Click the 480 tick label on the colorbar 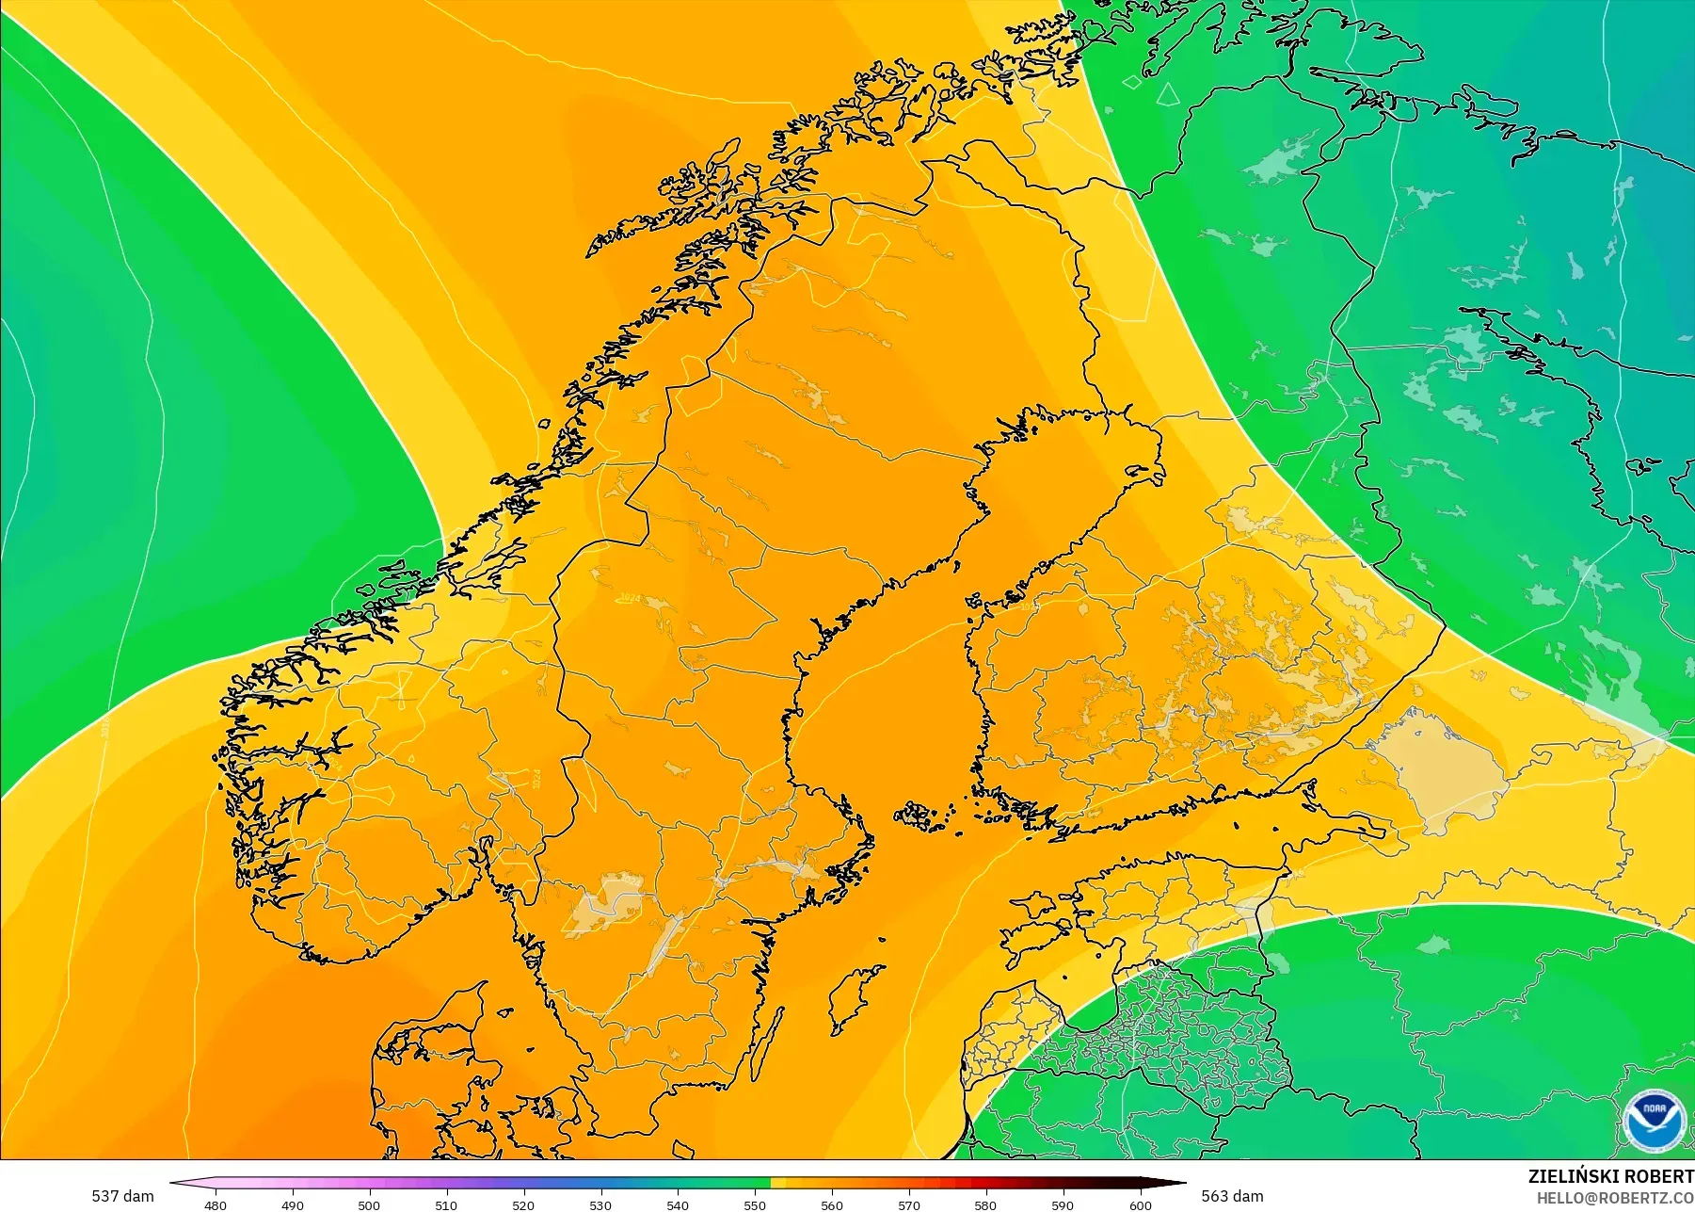click(216, 1204)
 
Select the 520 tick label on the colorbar click(523, 1204)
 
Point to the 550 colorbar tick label click(755, 1204)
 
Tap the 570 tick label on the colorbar click(909, 1204)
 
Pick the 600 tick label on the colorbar click(1140, 1204)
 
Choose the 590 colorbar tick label click(1063, 1204)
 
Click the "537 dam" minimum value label click(122, 1196)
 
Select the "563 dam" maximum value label click(1232, 1196)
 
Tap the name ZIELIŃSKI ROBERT click(1610, 1176)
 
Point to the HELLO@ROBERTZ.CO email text click(1615, 1198)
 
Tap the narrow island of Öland click(768, 1045)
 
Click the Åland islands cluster click(927, 816)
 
